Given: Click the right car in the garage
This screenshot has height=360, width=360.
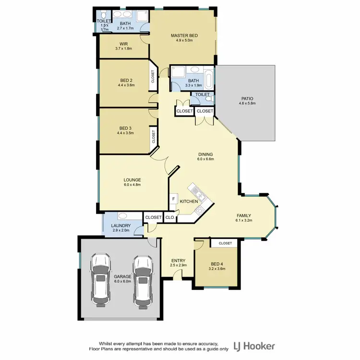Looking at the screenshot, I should click(143, 280).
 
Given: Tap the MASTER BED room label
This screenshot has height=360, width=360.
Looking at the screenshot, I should click(184, 36).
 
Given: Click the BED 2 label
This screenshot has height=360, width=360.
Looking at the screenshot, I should click(126, 80).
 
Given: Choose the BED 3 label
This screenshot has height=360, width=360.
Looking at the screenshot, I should click(126, 128).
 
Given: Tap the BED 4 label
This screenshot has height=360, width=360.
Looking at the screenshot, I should click(217, 264).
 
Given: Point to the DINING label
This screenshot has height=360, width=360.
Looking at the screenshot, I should click(205, 155).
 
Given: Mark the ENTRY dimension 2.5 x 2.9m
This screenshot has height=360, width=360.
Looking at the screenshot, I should click(178, 265).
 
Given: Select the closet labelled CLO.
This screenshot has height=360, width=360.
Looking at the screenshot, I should click(170, 217).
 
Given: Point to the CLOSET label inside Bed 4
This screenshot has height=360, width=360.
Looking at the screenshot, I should click(225, 243).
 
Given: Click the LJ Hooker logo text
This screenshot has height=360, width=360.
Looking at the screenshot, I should click(254, 346).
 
